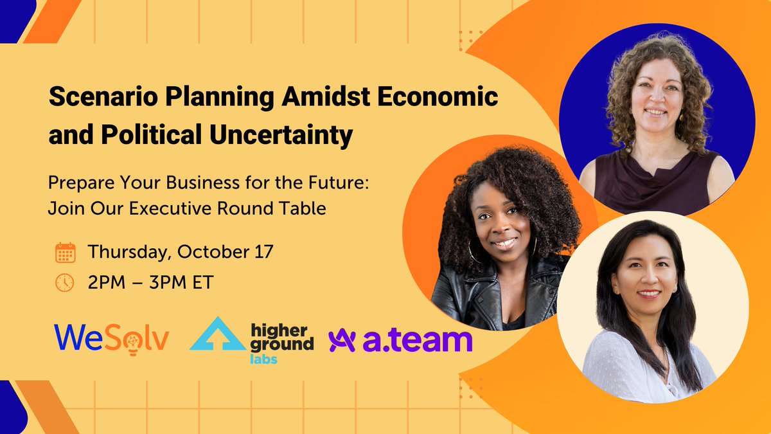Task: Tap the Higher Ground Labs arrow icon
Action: pos(217,334)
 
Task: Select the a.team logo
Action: pos(400,340)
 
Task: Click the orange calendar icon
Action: pos(66,253)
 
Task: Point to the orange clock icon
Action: pos(66,283)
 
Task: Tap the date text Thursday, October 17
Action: pos(181,252)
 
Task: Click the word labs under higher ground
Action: pos(262,359)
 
